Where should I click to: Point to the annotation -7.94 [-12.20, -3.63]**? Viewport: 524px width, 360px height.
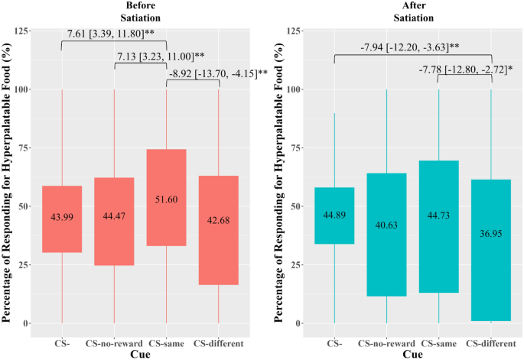[x=412, y=48]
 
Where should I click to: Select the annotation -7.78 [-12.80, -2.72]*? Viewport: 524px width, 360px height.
[x=464, y=70]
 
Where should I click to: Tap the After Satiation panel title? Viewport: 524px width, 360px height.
[x=412, y=10]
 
